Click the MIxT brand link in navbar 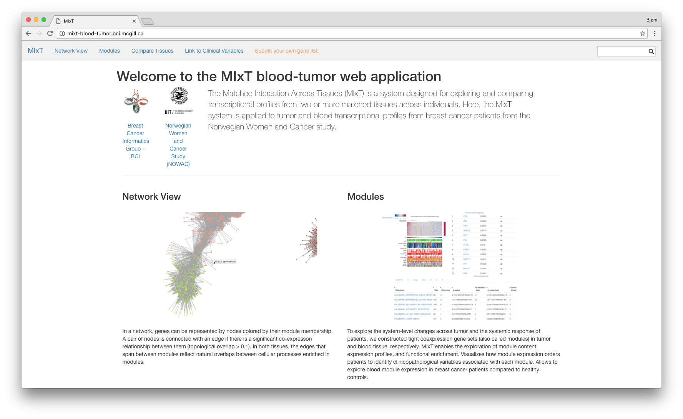tap(35, 51)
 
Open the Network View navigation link tap(71, 51)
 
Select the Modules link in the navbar tap(110, 51)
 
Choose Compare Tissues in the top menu tap(152, 51)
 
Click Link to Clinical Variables tap(214, 51)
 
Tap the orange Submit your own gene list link tap(287, 51)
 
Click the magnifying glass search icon tap(651, 51)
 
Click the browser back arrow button tap(28, 33)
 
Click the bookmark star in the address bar tap(643, 33)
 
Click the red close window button tap(28, 20)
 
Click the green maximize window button tap(44, 20)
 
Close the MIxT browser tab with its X tap(134, 21)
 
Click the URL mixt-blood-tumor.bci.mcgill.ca tap(105, 33)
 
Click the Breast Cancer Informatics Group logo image tap(136, 101)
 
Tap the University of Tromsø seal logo tap(179, 101)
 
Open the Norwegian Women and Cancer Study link tap(178, 145)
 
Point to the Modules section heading tap(366, 197)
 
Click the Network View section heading tap(151, 197)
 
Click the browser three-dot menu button tap(655, 33)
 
